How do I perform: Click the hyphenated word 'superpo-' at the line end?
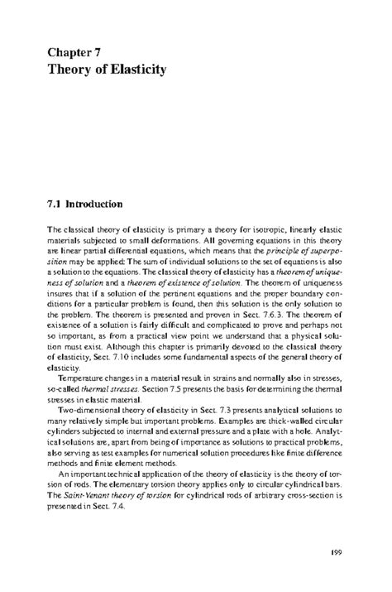[325, 249]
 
